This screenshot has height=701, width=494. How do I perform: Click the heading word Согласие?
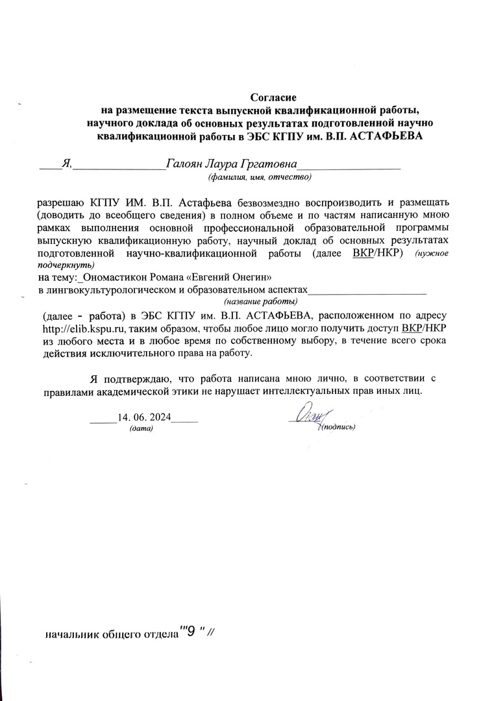pos(269,97)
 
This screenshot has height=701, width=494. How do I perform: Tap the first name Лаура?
pos(224,164)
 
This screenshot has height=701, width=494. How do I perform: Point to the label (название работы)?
pos(261,302)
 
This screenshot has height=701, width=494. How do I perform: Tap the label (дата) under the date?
pos(141,429)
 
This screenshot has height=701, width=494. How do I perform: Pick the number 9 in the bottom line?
pos(190,632)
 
